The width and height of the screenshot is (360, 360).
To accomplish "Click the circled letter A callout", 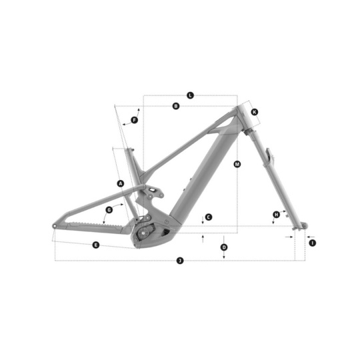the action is click(121, 183).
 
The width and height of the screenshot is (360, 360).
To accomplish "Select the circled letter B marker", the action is click(176, 106).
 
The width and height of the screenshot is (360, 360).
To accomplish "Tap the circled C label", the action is click(209, 217).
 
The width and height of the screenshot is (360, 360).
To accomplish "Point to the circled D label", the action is click(224, 247).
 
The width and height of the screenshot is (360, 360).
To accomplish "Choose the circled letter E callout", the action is click(96, 245).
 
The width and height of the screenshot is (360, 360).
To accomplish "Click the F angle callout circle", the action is click(134, 120).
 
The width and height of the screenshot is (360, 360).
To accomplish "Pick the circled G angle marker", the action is click(109, 209).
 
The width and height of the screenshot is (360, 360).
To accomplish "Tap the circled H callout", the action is click(277, 215).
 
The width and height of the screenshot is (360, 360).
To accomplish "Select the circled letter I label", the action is click(312, 243).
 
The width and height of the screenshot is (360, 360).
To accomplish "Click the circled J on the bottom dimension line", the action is click(180, 261).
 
